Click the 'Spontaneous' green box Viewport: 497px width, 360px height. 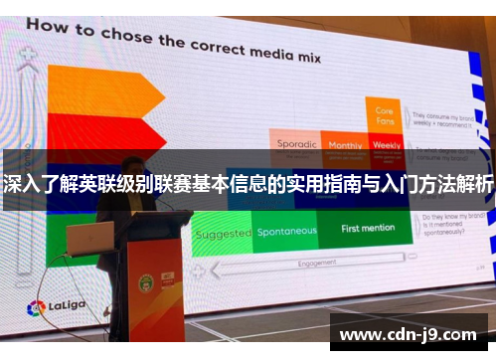[287, 232]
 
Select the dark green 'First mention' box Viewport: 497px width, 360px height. [368, 229]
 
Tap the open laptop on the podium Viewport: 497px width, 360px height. [90, 239]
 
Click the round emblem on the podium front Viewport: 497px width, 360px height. [145, 282]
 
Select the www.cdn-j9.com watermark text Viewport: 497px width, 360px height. [409, 334]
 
